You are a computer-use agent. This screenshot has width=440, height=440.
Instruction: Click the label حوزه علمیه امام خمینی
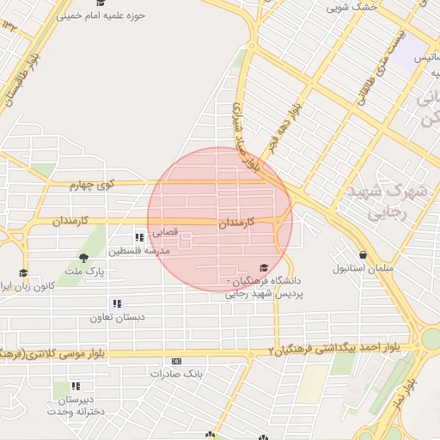pyautogui.click(x=101, y=15)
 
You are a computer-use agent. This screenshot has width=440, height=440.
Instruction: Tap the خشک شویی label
pyautogui.click(x=352, y=7)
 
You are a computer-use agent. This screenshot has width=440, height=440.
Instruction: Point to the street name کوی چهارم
pyautogui.click(x=93, y=185)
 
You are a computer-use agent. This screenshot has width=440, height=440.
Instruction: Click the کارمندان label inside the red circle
pyautogui.click(x=237, y=223)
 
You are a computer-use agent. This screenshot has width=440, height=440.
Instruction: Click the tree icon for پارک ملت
pyautogui.click(x=83, y=257)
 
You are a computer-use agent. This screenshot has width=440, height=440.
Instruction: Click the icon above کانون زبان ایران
pyautogui.click(x=23, y=272)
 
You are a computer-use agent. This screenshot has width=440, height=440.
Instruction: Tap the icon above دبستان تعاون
pyautogui.click(x=116, y=303)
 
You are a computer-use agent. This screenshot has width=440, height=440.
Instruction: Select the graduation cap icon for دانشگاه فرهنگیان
pyautogui.click(x=264, y=268)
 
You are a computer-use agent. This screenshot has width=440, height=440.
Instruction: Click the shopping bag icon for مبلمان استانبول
pyautogui.click(x=364, y=255)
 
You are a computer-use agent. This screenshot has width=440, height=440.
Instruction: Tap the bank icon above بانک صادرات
pyautogui.click(x=176, y=361)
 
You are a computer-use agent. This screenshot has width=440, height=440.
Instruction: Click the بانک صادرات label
pyautogui.click(x=176, y=374)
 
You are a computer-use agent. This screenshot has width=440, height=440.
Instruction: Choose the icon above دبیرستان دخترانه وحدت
pyautogui.click(x=76, y=387)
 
